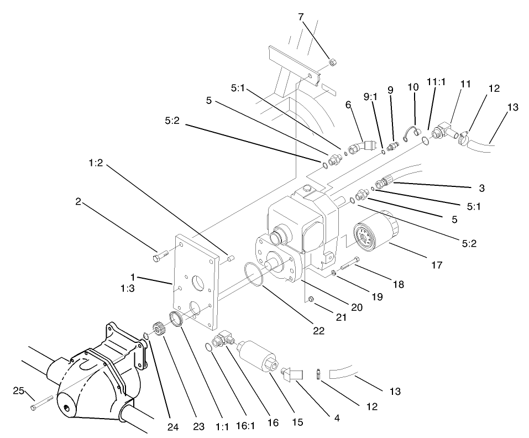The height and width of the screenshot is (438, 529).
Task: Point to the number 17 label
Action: pyautogui.click(x=436, y=265)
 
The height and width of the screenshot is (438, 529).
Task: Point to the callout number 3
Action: pyautogui.click(x=481, y=188)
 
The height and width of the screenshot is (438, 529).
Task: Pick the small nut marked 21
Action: pyautogui.click(x=311, y=299)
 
